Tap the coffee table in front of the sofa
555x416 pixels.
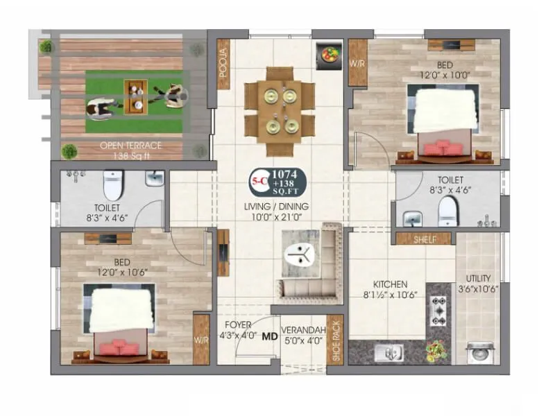click(301, 253)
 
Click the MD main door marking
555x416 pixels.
click(269, 338)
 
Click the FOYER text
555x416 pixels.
click(238, 324)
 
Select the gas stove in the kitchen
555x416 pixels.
click(438, 310)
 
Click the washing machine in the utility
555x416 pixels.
click(479, 352)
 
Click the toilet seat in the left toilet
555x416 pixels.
click(112, 186)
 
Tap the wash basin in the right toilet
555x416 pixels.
click(414, 218)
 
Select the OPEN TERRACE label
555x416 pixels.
click(131, 146)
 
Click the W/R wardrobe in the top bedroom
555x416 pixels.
click(358, 63)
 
